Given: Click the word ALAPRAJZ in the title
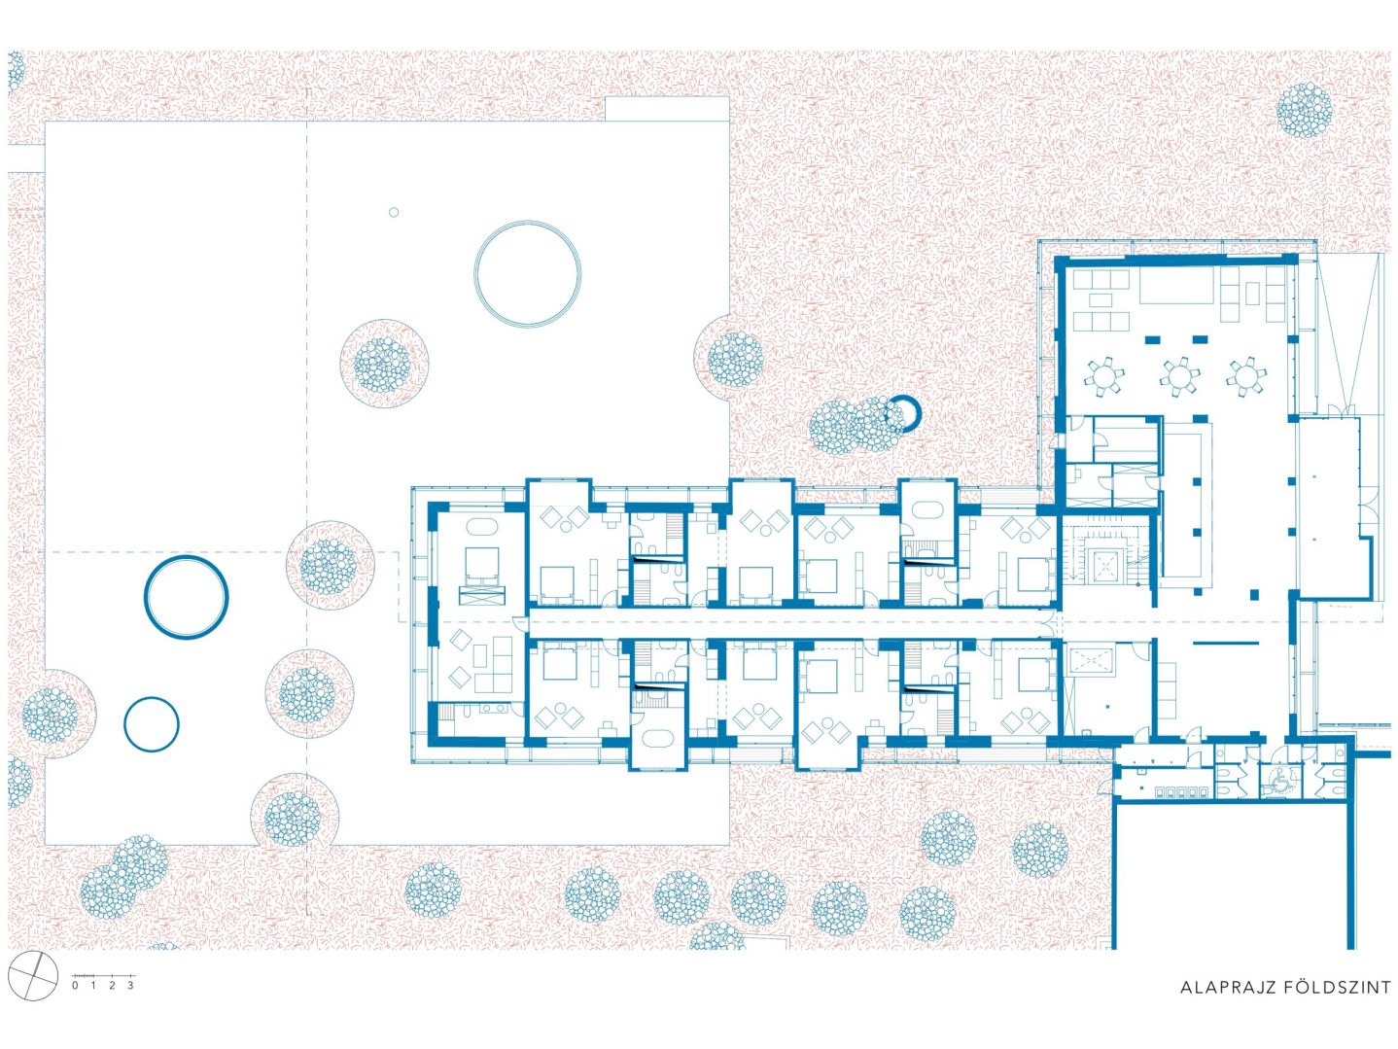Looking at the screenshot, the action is click(x=1220, y=1005).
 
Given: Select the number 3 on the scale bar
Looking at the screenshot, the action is click(x=130, y=985).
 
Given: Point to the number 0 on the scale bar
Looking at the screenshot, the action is click(x=76, y=985).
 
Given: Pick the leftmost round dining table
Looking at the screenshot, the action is click(x=1105, y=376).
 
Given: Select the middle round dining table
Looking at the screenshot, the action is click(x=1179, y=376).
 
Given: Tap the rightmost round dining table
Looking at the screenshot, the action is click(x=1246, y=376).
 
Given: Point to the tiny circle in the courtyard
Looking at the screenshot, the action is click(x=394, y=212).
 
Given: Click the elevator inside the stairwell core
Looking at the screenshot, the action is click(x=1101, y=565).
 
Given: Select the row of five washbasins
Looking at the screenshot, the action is click(x=1182, y=791).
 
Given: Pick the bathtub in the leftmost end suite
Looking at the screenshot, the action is click(x=482, y=527).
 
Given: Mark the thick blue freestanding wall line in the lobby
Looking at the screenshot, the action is click(x=1225, y=643).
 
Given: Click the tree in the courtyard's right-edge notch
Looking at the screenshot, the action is click(x=736, y=359).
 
